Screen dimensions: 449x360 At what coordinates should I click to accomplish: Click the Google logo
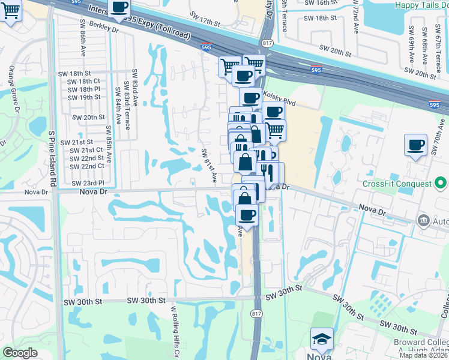20,353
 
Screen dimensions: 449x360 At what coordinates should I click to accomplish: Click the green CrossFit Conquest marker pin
441,182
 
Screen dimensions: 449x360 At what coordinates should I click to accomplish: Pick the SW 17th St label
205,21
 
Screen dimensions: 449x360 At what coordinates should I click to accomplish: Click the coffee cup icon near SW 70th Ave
415,145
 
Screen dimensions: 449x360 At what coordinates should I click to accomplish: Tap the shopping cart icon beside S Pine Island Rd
10,10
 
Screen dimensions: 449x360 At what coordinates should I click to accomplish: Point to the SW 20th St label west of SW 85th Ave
86,118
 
